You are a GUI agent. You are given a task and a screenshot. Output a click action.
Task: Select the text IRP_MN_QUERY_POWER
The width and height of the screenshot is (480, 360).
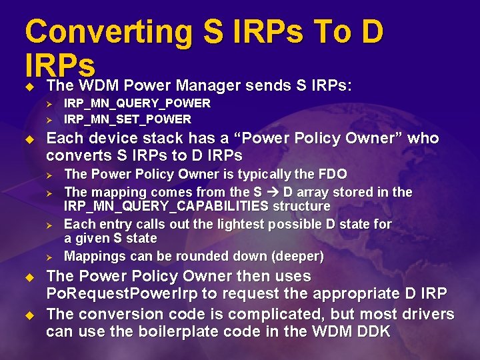[137, 103]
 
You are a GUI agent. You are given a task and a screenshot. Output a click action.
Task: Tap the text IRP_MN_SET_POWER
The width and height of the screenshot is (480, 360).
[127, 119]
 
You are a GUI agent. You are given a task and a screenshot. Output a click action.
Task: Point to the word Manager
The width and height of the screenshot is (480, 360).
[205, 86]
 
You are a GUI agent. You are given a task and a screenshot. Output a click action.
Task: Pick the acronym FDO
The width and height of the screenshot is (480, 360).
[333, 174]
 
